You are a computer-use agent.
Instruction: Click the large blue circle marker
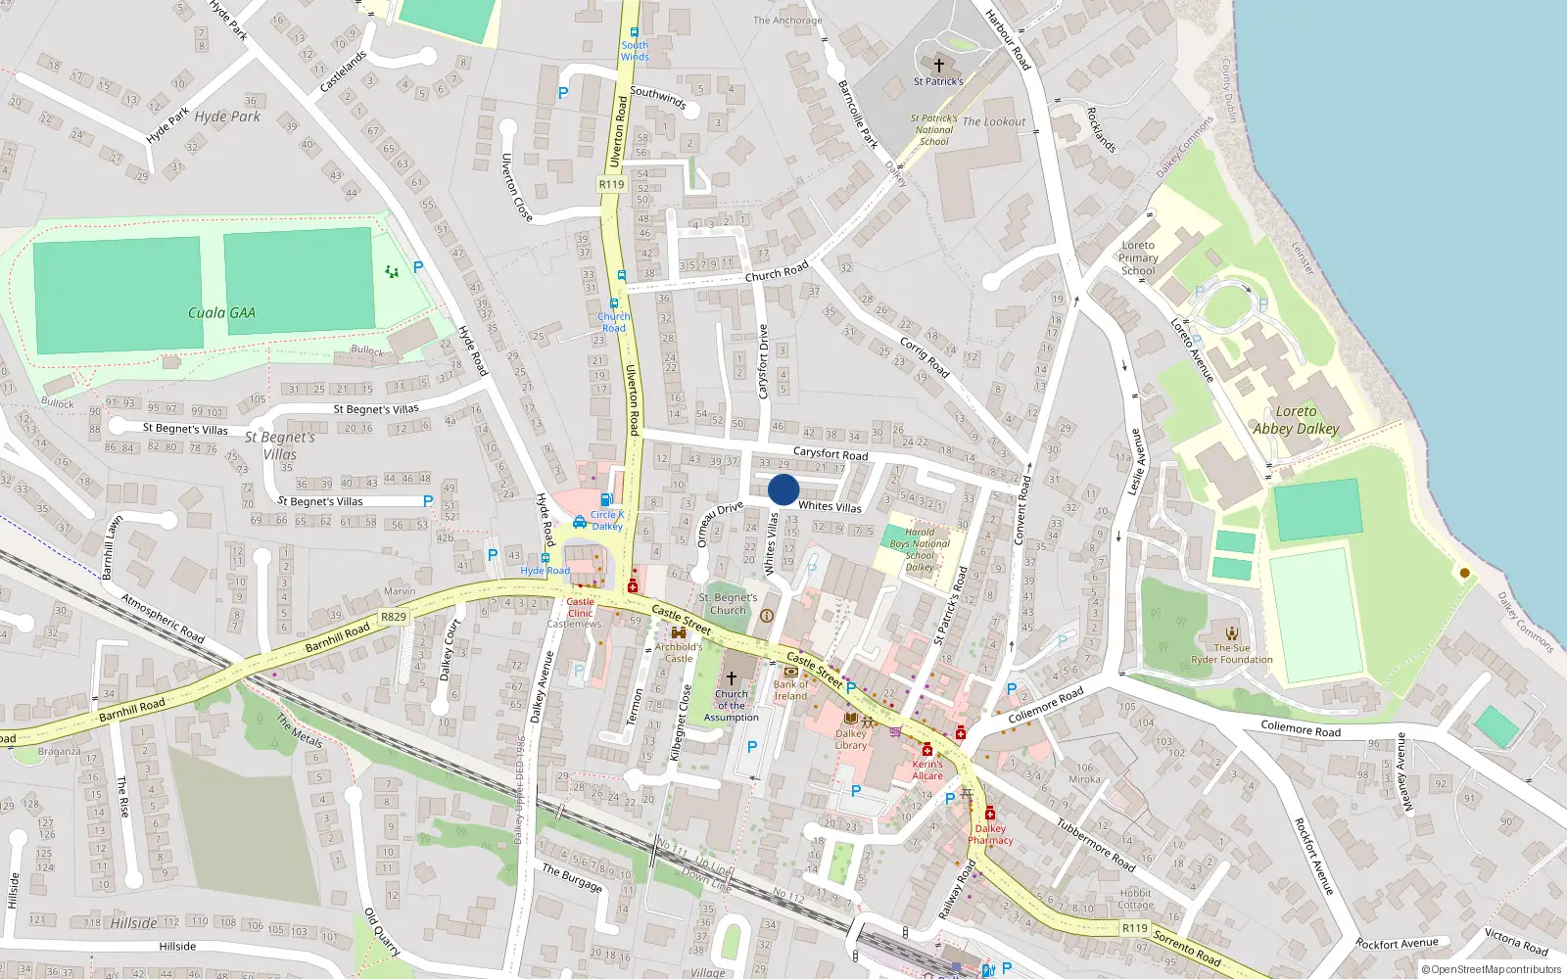point(783,489)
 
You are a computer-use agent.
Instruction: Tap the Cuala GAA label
point(221,313)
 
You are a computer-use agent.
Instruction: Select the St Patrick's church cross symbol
point(938,66)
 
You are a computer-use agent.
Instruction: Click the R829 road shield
point(393,617)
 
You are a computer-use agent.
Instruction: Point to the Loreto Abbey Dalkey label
point(1296,420)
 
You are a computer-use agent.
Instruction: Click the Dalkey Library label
point(850,739)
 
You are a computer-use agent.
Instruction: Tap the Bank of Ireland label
point(790,690)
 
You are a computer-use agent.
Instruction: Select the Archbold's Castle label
point(679,652)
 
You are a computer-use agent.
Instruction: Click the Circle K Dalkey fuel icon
point(606,500)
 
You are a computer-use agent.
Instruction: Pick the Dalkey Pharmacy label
point(990,834)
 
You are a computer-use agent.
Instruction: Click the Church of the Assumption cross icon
point(731,677)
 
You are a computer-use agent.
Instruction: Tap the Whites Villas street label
point(830,506)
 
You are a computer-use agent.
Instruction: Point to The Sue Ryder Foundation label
point(1231,654)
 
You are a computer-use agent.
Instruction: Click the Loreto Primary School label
point(1138,257)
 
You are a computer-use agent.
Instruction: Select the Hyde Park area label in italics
point(227,117)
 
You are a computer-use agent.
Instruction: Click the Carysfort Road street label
point(830,453)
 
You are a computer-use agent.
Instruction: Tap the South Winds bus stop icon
point(634,32)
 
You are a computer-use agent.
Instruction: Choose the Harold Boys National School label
point(920,549)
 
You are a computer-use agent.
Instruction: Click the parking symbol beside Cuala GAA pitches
point(418,267)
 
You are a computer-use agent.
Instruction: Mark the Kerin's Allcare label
point(927,769)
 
